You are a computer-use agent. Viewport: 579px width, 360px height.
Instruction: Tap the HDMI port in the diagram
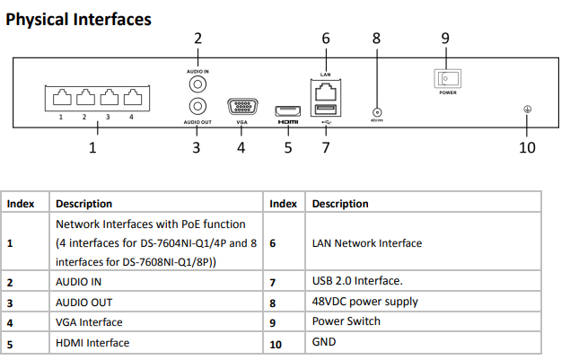[x=287, y=107]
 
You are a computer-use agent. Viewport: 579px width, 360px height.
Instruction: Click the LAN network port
[x=325, y=89]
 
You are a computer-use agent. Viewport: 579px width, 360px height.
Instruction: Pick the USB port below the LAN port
[x=325, y=110]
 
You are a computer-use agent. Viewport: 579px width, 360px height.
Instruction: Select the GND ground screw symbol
[x=528, y=110]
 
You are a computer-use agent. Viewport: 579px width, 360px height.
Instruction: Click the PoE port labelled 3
[x=109, y=96]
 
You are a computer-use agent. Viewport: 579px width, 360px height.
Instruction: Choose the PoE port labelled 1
[x=61, y=96]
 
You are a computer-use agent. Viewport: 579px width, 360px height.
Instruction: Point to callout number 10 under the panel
[x=528, y=147]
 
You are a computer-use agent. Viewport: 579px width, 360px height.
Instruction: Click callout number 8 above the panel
[x=376, y=39]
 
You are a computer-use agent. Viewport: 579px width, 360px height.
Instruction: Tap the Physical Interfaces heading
[x=78, y=19]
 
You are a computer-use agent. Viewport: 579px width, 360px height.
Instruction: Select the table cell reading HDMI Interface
[x=92, y=343]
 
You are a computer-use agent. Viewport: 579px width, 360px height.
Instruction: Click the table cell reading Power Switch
[x=346, y=321]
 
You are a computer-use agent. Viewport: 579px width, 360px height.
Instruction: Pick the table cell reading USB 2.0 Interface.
[x=356, y=282]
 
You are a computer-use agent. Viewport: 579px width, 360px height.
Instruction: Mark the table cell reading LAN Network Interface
[x=366, y=243]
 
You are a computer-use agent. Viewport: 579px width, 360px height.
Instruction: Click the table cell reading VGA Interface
[x=88, y=321]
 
